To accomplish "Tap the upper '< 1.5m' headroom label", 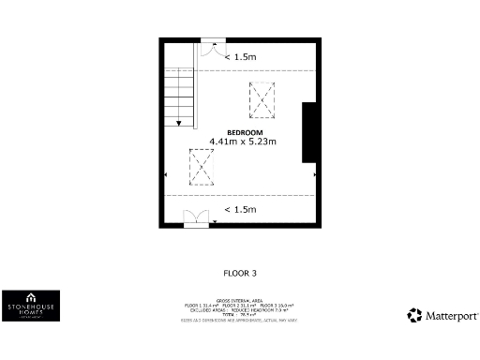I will point(240,57).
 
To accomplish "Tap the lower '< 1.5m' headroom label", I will point(240,209).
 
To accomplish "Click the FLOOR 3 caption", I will point(240,273).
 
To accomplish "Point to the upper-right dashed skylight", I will point(262,99).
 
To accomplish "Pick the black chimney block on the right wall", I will point(308,132).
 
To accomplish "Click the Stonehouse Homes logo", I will point(31,306).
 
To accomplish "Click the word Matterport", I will point(453,316).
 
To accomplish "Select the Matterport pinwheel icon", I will point(414,316).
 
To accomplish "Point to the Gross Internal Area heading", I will point(240,301).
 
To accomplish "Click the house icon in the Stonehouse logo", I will point(31,295).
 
